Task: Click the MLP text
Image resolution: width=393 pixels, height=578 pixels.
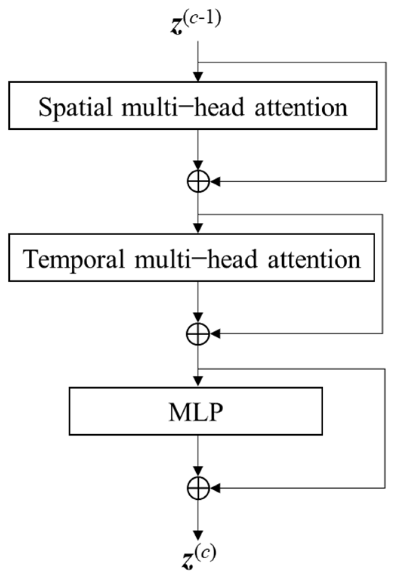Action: tap(196, 412)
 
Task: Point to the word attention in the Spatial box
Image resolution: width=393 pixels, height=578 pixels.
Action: tap(301, 107)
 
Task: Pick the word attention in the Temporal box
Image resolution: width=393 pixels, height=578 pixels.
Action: tap(314, 259)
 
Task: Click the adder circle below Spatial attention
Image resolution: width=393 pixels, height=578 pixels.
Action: tap(198, 182)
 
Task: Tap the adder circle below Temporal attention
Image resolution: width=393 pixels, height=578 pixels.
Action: tap(198, 334)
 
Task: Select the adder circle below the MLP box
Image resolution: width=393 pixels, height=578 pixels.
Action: tap(198, 488)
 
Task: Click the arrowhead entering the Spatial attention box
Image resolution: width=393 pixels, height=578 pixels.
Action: tap(198, 77)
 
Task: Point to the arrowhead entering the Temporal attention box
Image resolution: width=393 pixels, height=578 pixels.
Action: tap(198, 229)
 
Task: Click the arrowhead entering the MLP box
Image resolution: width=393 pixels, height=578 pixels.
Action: tap(198, 381)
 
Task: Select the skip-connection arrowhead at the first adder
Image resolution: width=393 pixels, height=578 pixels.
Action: tap(216, 182)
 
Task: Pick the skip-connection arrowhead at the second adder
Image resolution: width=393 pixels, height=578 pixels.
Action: tap(216, 334)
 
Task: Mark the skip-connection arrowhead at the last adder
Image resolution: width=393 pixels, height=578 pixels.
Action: tap(216, 488)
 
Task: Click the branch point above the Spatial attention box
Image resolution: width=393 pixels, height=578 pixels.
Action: tap(198, 62)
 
